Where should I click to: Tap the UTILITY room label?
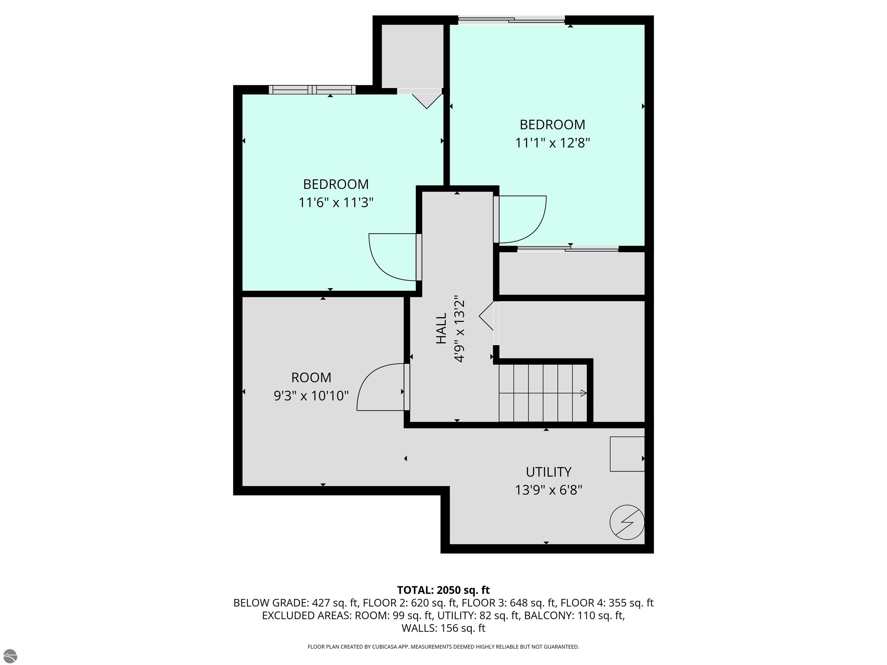coord(549,472)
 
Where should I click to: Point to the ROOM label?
coord(311,378)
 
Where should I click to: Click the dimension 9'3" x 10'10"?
coord(311,396)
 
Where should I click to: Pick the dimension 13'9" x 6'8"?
coord(549,490)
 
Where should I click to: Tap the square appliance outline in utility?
coord(627,454)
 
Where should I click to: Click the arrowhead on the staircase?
coord(584,393)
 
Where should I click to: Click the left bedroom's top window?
coord(312,90)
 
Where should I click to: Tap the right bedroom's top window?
coord(512,19)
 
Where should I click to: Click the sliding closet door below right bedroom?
coord(568,249)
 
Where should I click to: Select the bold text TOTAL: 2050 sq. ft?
coord(443,590)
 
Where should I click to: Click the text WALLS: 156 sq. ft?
coord(443,628)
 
